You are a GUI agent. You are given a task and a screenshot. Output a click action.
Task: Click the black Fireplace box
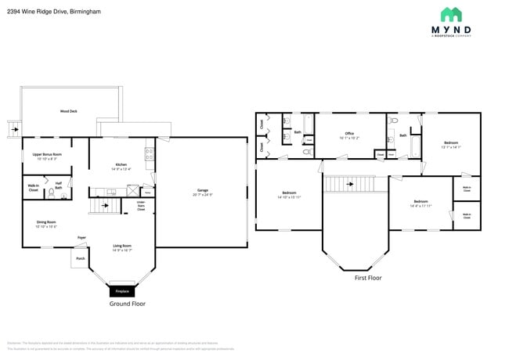coord(122,290)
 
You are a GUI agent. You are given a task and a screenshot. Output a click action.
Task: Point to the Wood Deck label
coord(69,111)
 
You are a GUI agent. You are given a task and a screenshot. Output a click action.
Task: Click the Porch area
coord(80,258)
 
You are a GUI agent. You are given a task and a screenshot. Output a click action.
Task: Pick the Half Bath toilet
coord(51,190)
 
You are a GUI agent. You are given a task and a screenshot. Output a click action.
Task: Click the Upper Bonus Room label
coord(47,154)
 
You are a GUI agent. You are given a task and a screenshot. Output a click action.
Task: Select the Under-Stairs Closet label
coord(141,207)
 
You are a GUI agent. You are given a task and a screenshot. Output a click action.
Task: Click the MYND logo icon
coord(451,15)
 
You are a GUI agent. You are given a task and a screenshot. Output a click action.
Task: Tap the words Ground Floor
coord(127,304)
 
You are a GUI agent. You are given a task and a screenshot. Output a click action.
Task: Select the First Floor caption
coord(367,277)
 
